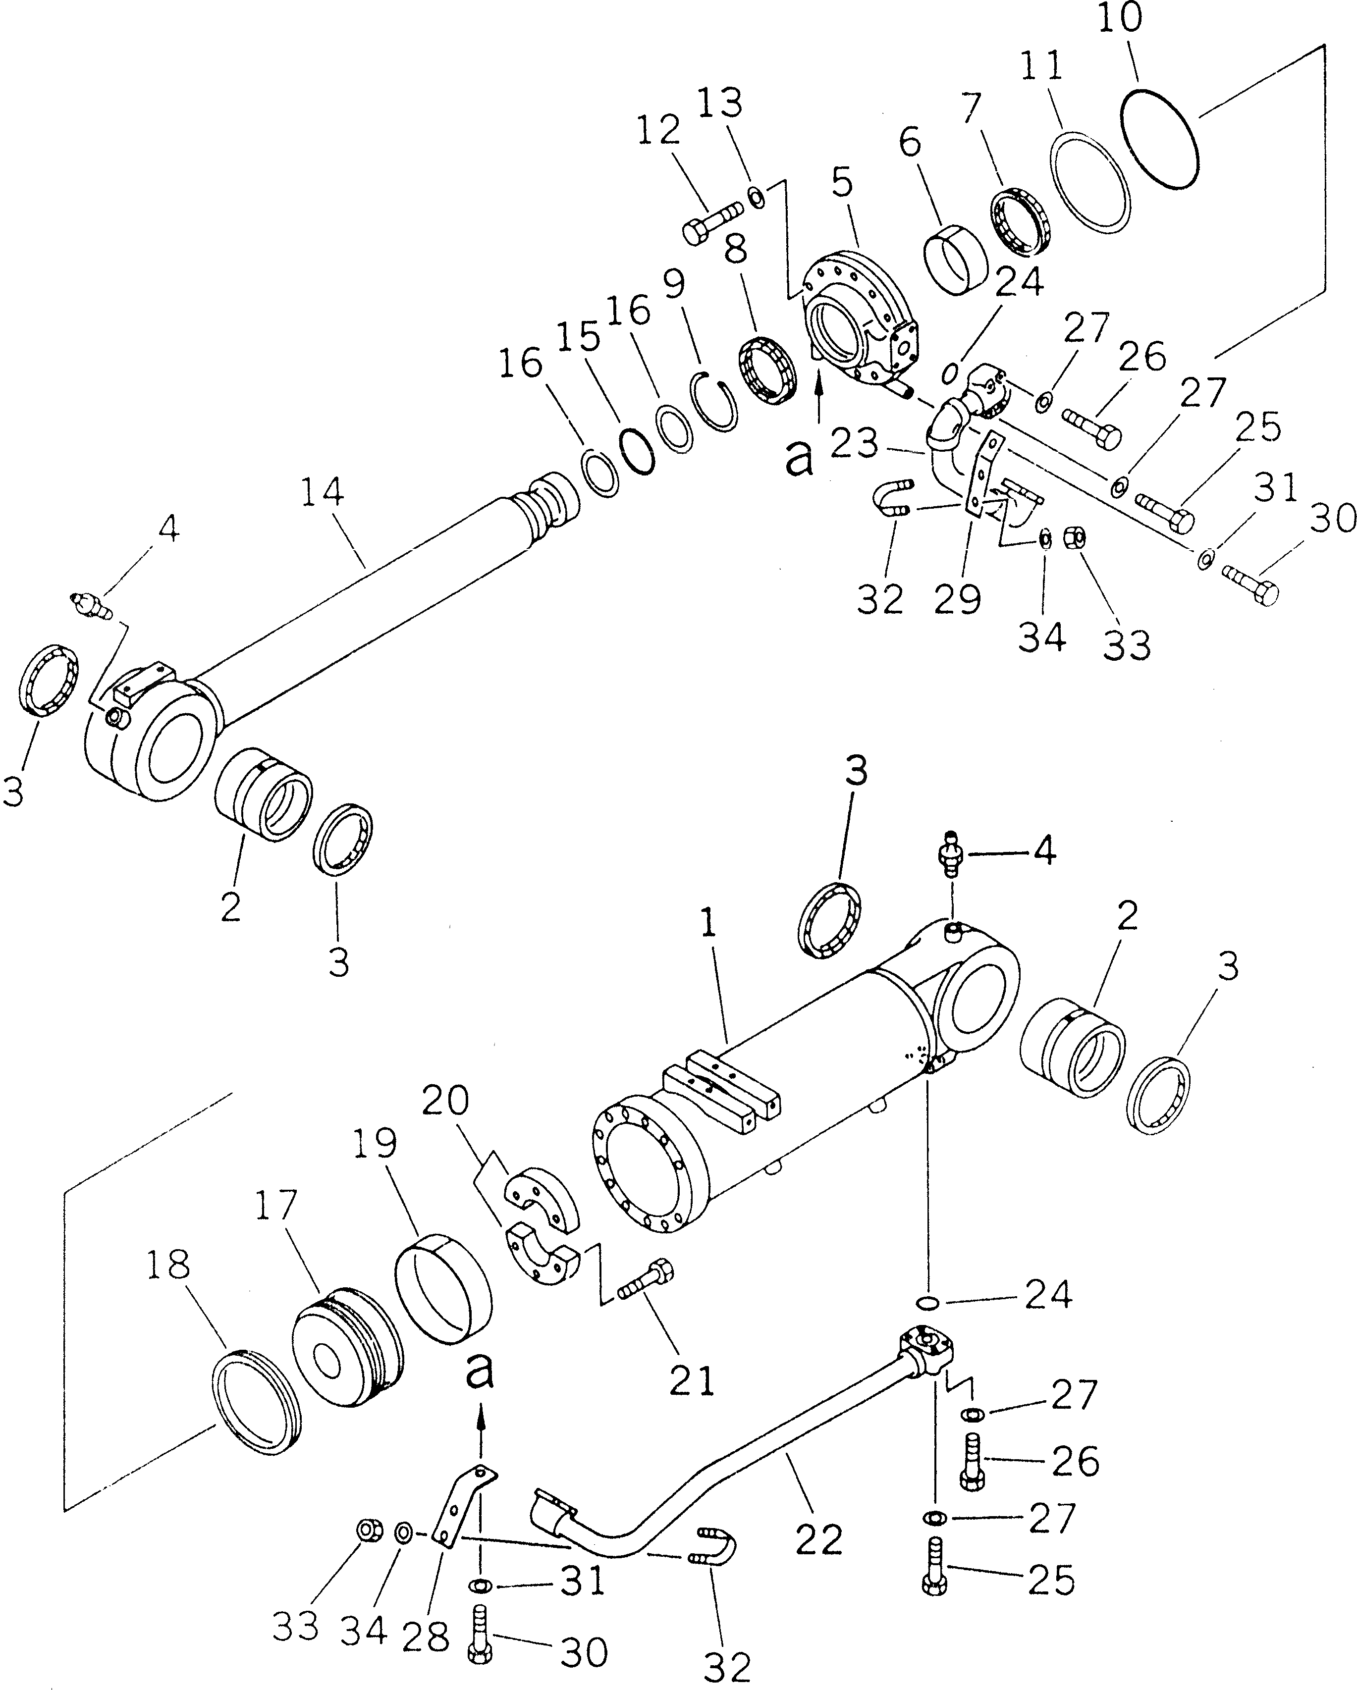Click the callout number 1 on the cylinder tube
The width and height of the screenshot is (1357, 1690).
coord(708,924)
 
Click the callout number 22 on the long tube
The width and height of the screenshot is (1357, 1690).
coord(820,1539)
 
